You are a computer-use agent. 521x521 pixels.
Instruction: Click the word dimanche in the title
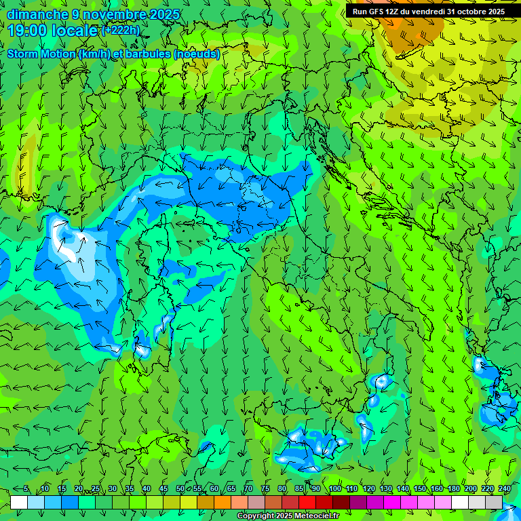tap(37, 14)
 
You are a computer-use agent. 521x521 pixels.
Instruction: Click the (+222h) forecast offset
tap(120, 31)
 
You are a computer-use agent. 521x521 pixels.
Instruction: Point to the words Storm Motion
tap(40, 54)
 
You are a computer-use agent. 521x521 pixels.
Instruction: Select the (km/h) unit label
tap(94, 54)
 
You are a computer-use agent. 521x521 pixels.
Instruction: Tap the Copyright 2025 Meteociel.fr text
tap(288, 516)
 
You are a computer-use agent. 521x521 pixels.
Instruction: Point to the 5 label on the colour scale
tap(26, 489)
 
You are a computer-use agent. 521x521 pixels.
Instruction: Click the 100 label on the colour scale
tap(334, 489)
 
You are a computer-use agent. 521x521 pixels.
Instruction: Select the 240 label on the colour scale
tap(504, 489)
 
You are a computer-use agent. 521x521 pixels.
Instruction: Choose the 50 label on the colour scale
tap(180, 489)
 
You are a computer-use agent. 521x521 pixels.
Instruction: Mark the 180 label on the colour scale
tap(453, 489)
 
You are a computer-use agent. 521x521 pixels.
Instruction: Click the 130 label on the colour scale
tap(385, 489)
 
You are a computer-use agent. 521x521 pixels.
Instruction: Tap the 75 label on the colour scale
tap(265, 489)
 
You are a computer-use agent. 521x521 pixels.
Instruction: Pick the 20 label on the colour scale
tap(79, 489)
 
